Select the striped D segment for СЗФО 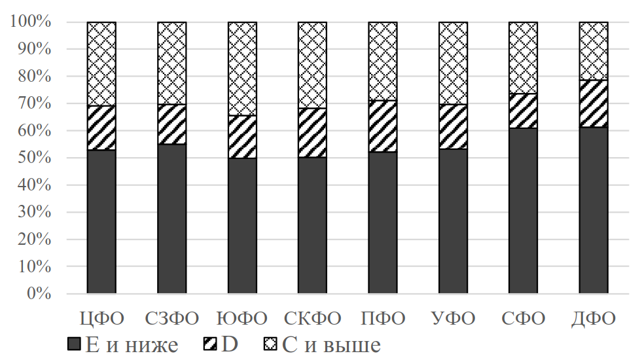pyautogui.click(x=171, y=124)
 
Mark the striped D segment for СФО pyautogui.click(x=523, y=111)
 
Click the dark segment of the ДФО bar pyautogui.click(x=594, y=209)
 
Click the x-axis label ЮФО pyautogui.click(x=242, y=319)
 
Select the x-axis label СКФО pyautogui.click(x=312, y=319)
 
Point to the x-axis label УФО pyautogui.click(x=453, y=319)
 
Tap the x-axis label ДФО pyautogui.click(x=594, y=319)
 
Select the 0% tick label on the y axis pyautogui.click(x=38, y=293)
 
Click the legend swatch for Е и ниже pyautogui.click(x=73, y=344)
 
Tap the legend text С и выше pyautogui.click(x=332, y=344)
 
